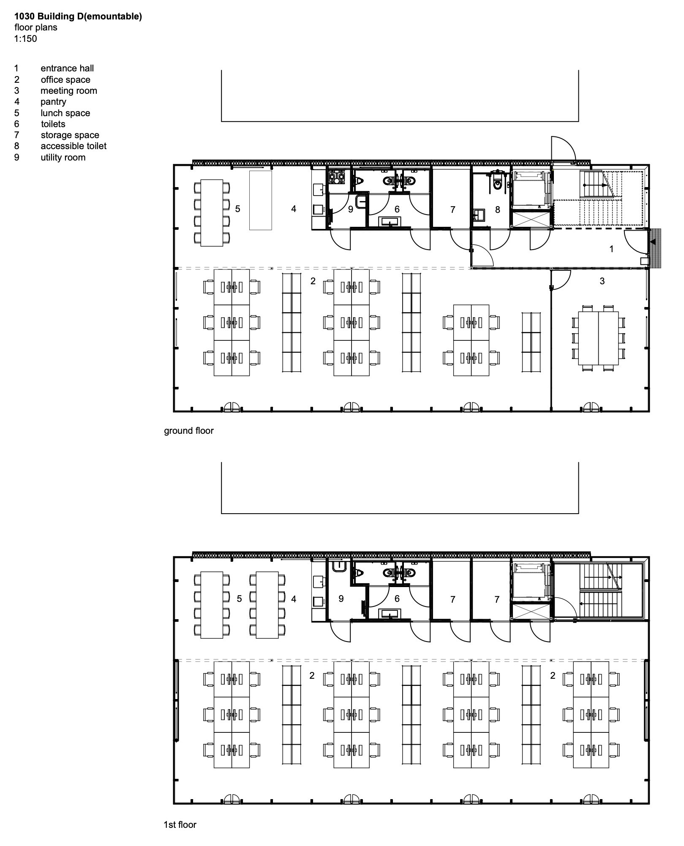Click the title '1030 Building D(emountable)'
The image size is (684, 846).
78,16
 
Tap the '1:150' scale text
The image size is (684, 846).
25,39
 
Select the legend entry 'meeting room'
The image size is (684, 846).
68,91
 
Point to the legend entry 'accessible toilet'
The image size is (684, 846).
74,146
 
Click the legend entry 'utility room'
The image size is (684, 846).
63,158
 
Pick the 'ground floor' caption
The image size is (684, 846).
189,431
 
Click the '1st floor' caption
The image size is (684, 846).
180,824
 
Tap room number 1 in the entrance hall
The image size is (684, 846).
611,249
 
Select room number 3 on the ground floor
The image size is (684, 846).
602,281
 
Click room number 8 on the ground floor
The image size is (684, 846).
497,209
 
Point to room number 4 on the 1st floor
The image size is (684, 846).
294,599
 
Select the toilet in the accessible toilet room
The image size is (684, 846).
498,184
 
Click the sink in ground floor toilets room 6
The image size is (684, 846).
389,222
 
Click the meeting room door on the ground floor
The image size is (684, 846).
561,280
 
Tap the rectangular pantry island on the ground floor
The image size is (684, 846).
260,200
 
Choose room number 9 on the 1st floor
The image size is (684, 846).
341,599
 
